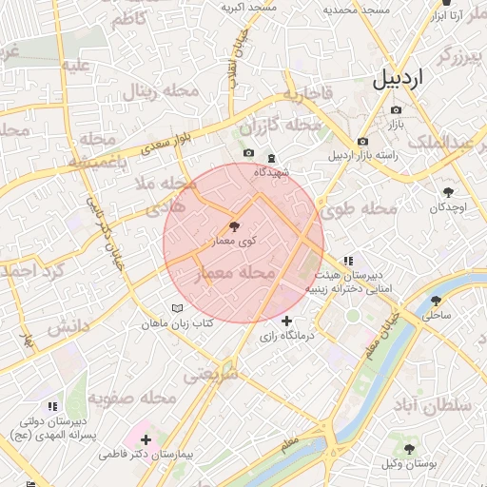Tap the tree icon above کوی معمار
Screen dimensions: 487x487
click(233, 226)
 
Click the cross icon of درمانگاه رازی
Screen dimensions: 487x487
click(286, 321)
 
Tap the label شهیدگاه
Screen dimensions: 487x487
click(272, 172)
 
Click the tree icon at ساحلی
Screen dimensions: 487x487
click(436, 300)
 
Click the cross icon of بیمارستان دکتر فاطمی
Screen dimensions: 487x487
click(146, 440)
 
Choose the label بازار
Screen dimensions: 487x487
click(397, 124)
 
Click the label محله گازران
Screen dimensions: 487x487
click(281, 127)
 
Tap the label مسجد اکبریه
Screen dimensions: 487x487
click(249, 7)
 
